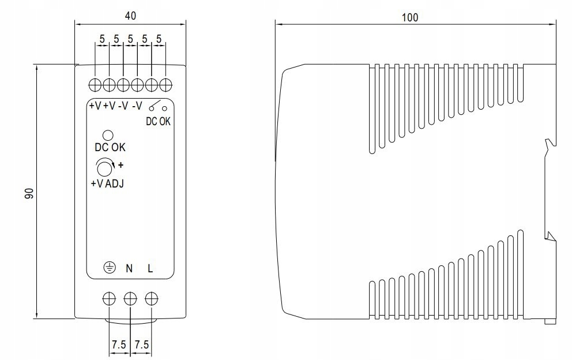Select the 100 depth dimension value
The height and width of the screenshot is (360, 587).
click(410, 17)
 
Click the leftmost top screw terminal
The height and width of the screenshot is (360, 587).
click(95, 85)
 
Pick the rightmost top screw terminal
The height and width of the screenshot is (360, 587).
click(166, 85)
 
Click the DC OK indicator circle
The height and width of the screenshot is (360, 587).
click(107, 135)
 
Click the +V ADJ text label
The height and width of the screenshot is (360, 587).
click(107, 185)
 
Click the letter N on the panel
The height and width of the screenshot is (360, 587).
click(129, 268)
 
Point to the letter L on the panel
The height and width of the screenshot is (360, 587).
click(150, 268)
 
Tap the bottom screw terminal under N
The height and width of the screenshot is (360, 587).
click(130, 298)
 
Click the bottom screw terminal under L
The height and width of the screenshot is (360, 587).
click(152, 298)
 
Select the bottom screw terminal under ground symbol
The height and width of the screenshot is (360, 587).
click(108, 298)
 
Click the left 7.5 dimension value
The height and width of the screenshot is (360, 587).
click(119, 344)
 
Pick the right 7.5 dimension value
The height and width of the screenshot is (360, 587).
click(142, 344)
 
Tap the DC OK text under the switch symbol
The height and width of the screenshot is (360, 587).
click(158, 121)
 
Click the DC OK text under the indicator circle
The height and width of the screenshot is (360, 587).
click(110, 148)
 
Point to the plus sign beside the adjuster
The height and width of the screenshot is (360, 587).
click(121, 166)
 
